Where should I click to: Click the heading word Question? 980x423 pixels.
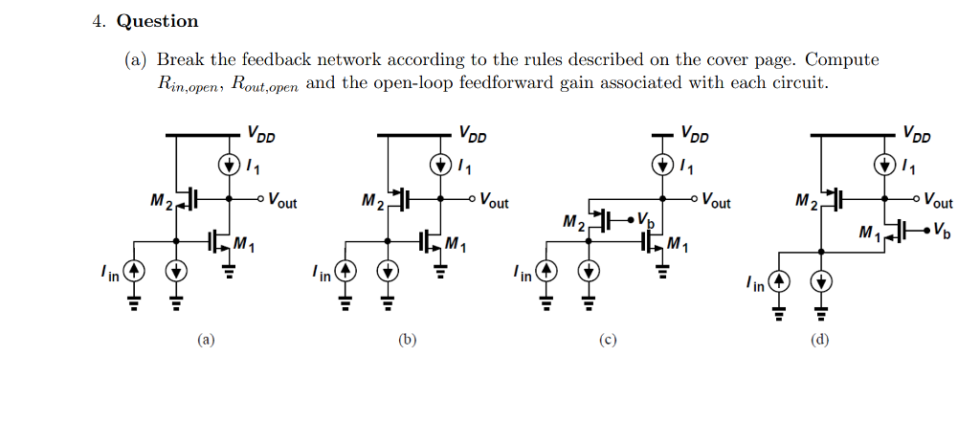(x=158, y=21)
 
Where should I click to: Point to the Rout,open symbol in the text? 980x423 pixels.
(x=265, y=83)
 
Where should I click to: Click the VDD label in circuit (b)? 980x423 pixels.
(x=471, y=133)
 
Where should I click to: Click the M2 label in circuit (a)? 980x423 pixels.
(x=162, y=201)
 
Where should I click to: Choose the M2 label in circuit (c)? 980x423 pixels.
(x=574, y=224)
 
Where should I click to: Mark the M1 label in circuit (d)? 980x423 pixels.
(x=869, y=232)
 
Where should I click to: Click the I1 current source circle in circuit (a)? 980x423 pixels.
(x=229, y=165)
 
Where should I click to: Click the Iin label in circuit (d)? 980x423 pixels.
(x=756, y=283)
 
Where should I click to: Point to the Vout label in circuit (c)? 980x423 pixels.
(x=716, y=201)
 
